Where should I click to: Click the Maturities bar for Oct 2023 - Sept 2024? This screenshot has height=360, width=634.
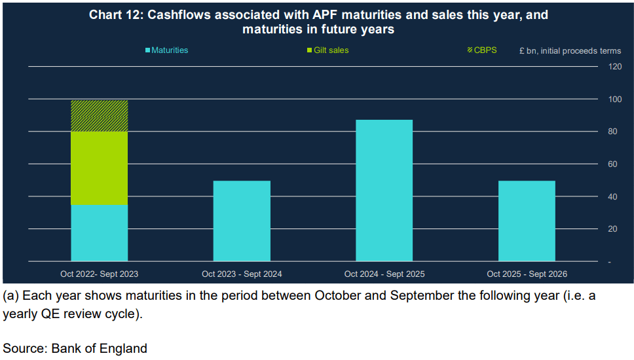[x=242, y=221]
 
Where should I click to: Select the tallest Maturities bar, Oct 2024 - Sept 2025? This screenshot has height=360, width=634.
[x=384, y=190]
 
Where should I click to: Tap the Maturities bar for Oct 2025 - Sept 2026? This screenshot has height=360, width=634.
[x=527, y=221]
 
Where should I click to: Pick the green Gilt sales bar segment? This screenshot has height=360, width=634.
[x=99, y=169]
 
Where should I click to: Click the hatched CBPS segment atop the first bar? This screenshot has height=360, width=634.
[x=99, y=116]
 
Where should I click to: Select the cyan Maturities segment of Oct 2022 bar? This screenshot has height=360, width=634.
[x=99, y=234]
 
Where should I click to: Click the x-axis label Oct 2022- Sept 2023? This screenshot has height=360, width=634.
[x=99, y=274]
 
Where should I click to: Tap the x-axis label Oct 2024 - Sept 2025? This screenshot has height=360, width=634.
[x=384, y=274]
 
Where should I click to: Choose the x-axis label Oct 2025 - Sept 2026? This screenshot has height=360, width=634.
[x=527, y=274]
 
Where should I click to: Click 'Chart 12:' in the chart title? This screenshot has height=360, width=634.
[x=115, y=15]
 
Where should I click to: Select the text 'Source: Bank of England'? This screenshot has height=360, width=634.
[x=75, y=348]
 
